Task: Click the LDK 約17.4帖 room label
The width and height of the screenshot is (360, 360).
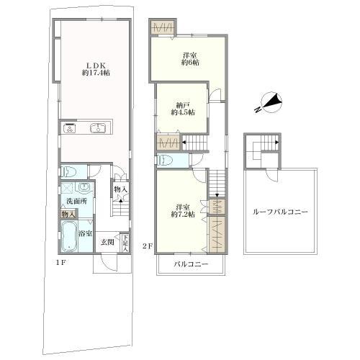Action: pos(96,69)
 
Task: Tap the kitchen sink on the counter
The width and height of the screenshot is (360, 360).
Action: pos(98,127)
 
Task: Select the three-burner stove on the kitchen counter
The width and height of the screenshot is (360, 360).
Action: pos(70,127)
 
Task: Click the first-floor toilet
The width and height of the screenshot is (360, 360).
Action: pos(68,172)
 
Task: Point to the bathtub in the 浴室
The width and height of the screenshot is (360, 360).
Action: pos(69,236)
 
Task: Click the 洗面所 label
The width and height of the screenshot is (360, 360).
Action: pos(76,201)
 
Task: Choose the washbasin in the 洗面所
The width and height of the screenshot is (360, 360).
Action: pos(84,186)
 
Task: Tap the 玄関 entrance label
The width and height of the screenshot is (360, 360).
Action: pos(107,243)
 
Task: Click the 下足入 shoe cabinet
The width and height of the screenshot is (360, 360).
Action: pos(125,243)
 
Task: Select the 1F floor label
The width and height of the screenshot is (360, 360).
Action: pos(61,263)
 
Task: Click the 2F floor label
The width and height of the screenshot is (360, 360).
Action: pos(148,246)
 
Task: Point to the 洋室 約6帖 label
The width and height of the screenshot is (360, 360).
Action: pos(190,59)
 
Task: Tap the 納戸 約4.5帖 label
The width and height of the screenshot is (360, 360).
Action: pos(183,109)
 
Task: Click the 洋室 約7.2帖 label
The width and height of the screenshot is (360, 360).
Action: pos(183,210)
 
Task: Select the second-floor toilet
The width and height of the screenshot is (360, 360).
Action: pos(164,160)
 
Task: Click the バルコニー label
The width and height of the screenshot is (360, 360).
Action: pos(191,264)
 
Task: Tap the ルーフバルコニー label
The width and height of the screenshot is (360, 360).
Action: pos(280,212)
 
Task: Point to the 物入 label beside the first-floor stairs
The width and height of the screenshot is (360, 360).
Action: pos(120,189)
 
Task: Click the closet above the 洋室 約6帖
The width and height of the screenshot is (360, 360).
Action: pos(163,27)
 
